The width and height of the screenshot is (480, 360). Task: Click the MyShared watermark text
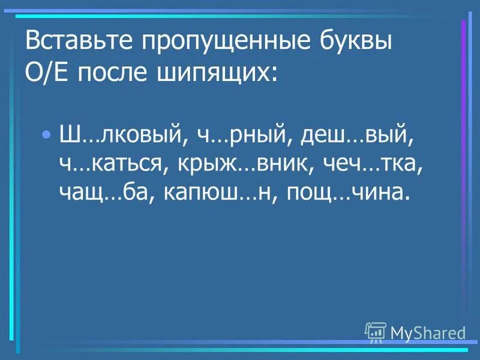[x=428, y=332]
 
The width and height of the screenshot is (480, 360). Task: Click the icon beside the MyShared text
[x=376, y=331]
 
